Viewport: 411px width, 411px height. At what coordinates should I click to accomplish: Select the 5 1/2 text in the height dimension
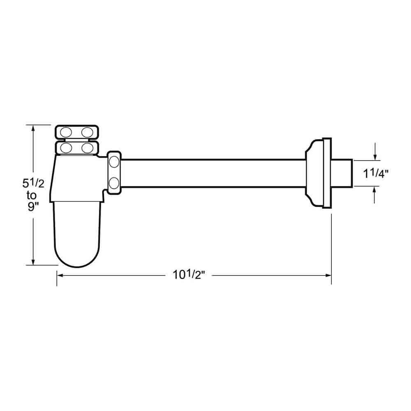pyautogui.click(x=33, y=182)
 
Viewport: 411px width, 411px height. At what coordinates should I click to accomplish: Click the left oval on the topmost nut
pyautogui.click(x=67, y=132)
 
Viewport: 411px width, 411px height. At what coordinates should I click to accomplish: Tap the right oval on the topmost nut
pyautogui.click(x=87, y=132)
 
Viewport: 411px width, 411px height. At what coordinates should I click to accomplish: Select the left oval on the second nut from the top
pyautogui.click(x=67, y=147)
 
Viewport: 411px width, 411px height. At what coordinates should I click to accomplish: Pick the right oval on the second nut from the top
pyautogui.click(x=87, y=147)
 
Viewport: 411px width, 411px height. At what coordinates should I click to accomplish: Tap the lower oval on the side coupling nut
pyautogui.click(x=114, y=182)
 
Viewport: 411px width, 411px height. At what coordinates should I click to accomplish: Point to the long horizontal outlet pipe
pyautogui.click(x=214, y=173)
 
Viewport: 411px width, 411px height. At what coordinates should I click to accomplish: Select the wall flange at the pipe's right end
pyautogui.click(x=319, y=173)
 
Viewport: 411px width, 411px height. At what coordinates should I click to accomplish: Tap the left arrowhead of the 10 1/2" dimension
pyautogui.click(x=60, y=275)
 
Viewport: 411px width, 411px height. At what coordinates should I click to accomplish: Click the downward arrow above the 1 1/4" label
pyautogui.click(x=375, y=156)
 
